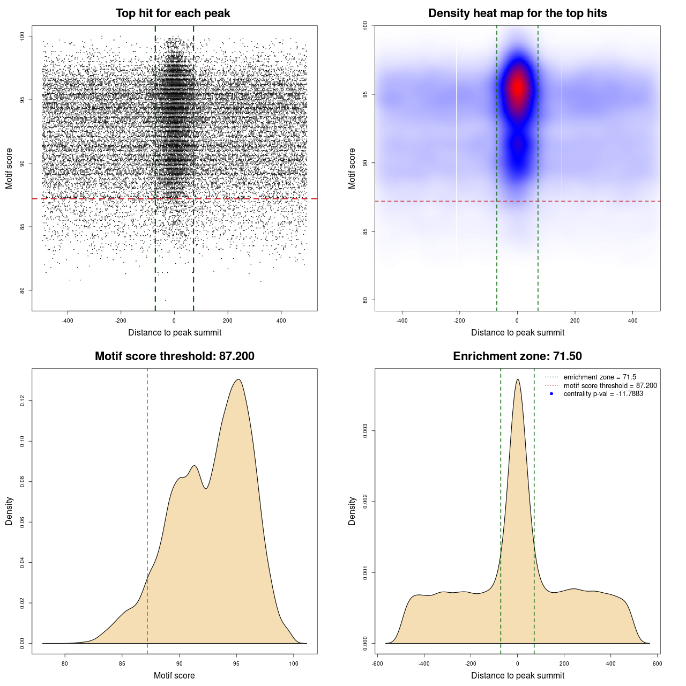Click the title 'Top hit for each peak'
[173, 13]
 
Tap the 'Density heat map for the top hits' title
[517, 13]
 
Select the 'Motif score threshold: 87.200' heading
[174, 356]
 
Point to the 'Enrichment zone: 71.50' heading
[517, 356]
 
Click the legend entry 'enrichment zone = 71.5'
[600, 377]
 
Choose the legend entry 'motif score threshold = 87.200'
[610, 385]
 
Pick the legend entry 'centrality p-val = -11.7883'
[603, 394]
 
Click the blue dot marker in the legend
[551, 394]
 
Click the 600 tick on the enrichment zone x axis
[658, 663]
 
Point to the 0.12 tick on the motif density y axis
[22, 401]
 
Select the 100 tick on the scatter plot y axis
[22, 36]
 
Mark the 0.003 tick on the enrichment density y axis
[365, 431]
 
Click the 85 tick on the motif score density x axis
[122, 663]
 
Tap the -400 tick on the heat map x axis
[402, 320]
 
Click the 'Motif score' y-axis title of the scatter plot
[9, 168]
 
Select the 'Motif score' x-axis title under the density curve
[174, 675]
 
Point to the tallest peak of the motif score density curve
[238, 379]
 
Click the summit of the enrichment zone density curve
[518, 379]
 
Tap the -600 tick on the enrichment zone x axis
[377, 663]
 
